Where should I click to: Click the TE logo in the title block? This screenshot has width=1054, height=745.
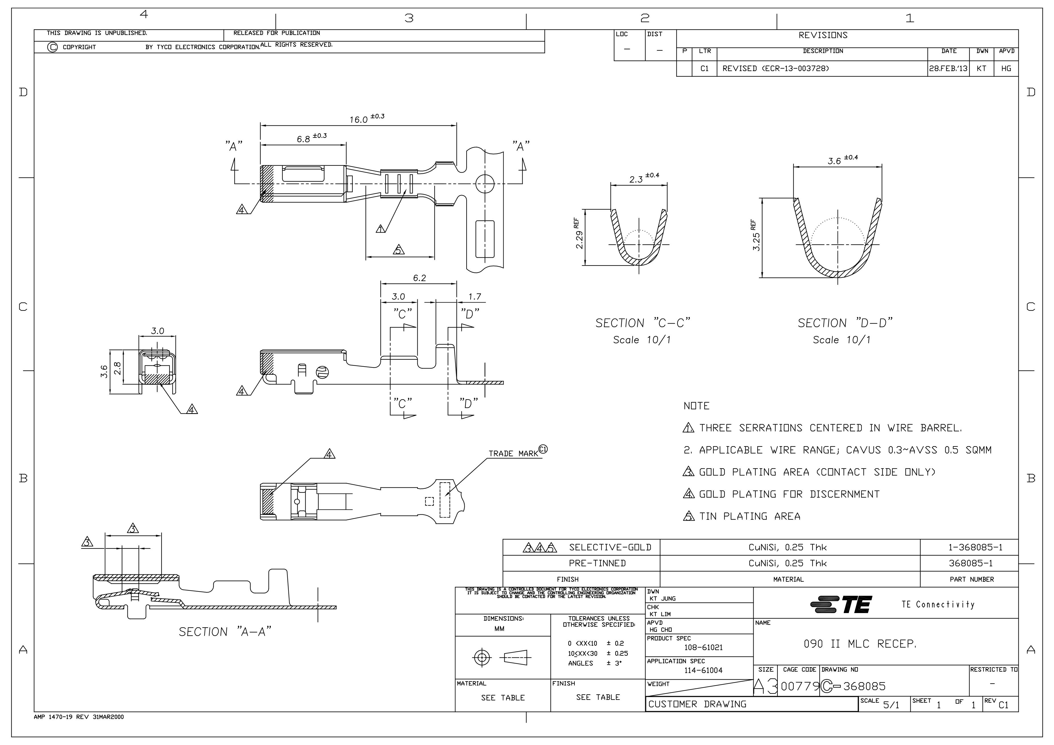pyautogui.click(x=841, y=605)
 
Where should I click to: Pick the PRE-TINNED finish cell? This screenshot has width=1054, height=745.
pyautogui.click(x=597, y=563)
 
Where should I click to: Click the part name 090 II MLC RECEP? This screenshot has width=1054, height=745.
pyautogui.click(x=860, y=644)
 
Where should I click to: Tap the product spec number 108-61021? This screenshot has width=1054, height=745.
pyautogui.click(x=703, y=648)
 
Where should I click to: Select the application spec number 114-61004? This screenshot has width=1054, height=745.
pyautogui.click(x=703, y=670)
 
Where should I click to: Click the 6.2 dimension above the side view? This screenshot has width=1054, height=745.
pyautogui.click(x=419, y=278)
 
